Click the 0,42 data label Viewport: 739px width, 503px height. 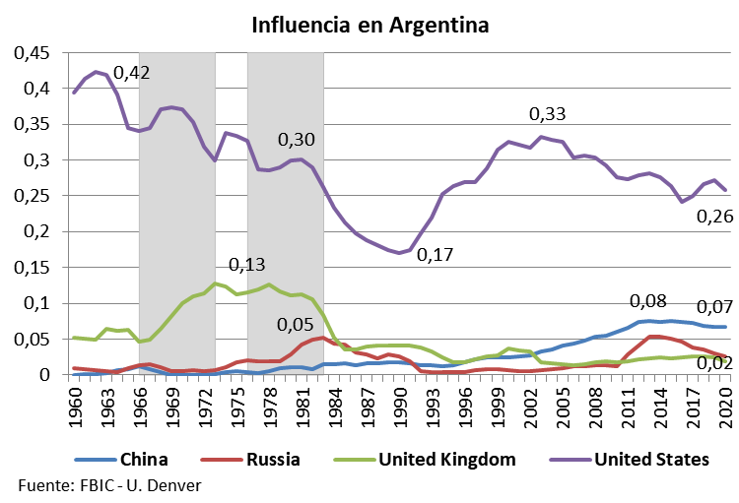coord(132,73)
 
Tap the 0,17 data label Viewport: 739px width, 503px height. coord(435,255)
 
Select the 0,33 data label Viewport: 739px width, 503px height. coord(548,114)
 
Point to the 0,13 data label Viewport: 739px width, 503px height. coord(246,266)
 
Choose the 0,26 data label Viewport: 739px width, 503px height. coord(714,217)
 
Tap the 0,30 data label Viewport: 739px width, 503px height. coord(297,140)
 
